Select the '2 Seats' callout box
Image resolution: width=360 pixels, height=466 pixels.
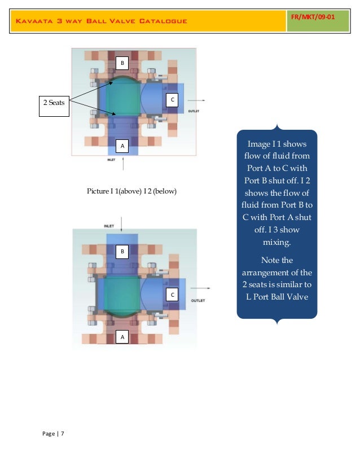54,103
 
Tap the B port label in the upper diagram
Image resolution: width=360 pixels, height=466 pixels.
122,63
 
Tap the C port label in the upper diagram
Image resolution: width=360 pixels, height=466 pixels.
172,100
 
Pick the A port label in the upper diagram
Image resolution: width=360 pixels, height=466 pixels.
122,147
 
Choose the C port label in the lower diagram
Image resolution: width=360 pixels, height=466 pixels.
172,296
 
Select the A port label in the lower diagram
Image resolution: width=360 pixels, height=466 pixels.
122,337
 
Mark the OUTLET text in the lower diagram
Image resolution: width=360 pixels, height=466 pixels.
198,301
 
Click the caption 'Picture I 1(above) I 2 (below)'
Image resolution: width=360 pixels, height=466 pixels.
131,192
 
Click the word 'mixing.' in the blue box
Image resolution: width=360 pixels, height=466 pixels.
277,243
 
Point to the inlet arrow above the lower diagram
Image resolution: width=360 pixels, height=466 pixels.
121,223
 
